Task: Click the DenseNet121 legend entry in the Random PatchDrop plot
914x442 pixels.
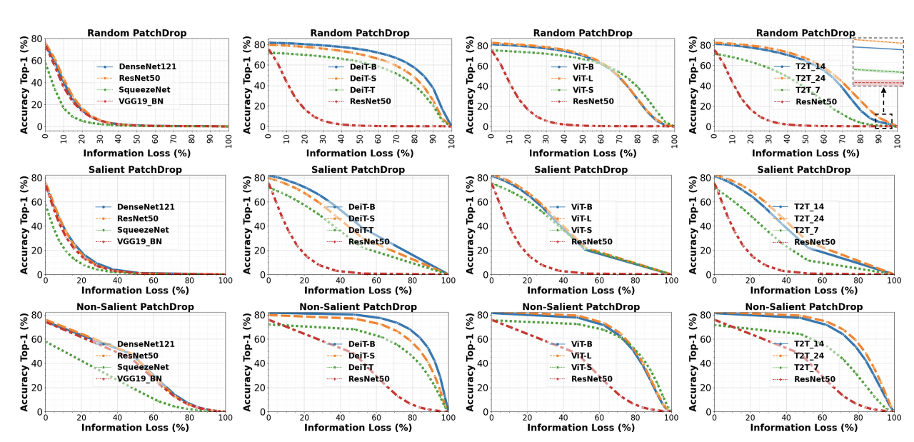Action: (147, 66)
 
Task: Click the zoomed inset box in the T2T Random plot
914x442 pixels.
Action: (878, 62)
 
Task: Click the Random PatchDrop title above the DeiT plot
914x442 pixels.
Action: (359, 33)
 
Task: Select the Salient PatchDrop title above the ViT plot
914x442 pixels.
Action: (582, 169)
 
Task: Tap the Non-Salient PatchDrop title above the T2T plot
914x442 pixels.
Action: (804, 306)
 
